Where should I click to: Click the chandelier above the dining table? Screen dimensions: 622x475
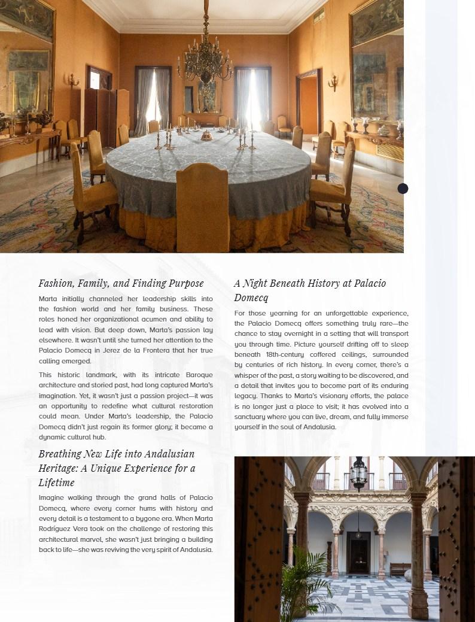[x=205, y=60]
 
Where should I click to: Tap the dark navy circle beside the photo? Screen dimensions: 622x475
[x=403, y=189]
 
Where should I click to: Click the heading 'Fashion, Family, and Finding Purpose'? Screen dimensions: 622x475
[x=121, y=283]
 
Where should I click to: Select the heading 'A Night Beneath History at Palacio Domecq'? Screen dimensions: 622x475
[x=309, y=290]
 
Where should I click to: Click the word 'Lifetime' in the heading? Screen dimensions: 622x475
[x=56, y=483]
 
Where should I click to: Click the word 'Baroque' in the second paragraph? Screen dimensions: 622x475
[x=199, y=375]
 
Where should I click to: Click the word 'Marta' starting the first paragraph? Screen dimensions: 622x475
[x=48, y=298]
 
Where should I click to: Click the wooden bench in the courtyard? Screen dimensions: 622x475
[x=400, y=568]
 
